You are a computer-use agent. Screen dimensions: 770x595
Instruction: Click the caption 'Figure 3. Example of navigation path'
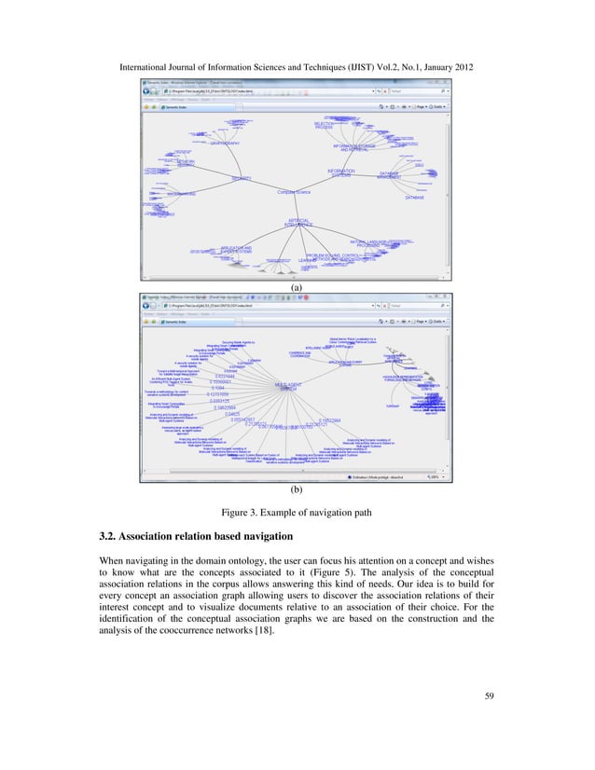point(297,511)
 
